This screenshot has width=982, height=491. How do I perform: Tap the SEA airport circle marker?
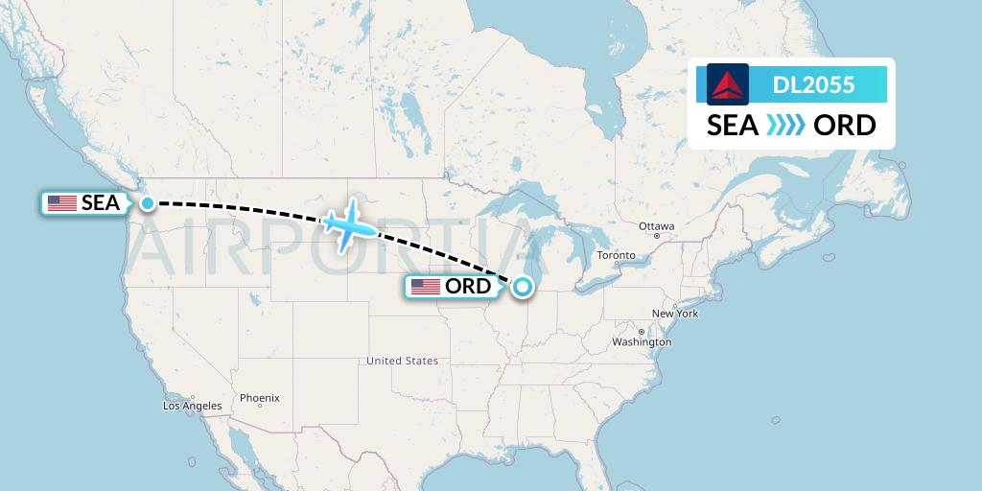click(148, 202)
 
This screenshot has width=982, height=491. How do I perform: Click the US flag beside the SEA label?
click(62, 203)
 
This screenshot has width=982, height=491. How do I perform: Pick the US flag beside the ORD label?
click(426, 287)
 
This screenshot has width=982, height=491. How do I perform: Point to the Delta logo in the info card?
click(728, 84)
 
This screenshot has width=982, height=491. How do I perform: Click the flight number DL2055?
click(813, 85)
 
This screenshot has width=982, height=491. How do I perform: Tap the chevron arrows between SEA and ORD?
click(785, 126)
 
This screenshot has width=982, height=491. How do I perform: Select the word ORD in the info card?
click(844, 126)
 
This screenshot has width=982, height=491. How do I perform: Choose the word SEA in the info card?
click(733, 126)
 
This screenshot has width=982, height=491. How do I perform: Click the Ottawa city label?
click(657, 226)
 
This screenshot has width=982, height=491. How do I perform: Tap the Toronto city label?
click(616, 255)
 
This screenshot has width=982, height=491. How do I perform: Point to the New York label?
click(675, 314)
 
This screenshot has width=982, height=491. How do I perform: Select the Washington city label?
click(642, 342)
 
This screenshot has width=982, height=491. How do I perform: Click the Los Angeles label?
click(192, 406)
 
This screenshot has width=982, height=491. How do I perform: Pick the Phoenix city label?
click(259, 397)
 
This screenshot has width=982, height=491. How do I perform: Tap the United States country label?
click(402, 361)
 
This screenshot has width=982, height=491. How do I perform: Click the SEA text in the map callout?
click(101, 203)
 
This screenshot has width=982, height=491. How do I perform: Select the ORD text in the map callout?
click(468, 287)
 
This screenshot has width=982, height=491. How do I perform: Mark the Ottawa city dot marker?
click(657, 236)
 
